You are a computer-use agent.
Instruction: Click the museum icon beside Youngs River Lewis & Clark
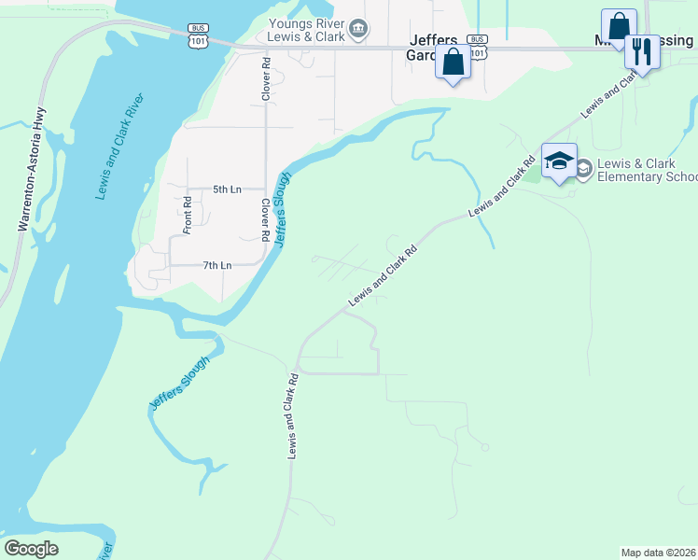tap(358, 31)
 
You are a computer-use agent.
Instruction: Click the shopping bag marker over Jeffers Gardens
tap(453, 63)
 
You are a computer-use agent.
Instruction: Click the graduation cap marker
tap(559, 161)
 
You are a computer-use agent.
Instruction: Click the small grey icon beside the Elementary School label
tap(584, 169)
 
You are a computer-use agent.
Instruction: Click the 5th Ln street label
tap(227, 189)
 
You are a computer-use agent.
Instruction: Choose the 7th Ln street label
tap(216, 266)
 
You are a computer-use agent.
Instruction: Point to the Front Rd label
tap(187, 214)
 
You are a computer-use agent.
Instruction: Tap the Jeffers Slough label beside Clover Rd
tap(282, 209)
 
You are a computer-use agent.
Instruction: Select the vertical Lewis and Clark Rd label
tap(292, 415)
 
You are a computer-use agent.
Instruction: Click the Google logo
tap(31, 549)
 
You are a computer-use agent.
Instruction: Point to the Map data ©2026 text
tap(658, 553)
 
